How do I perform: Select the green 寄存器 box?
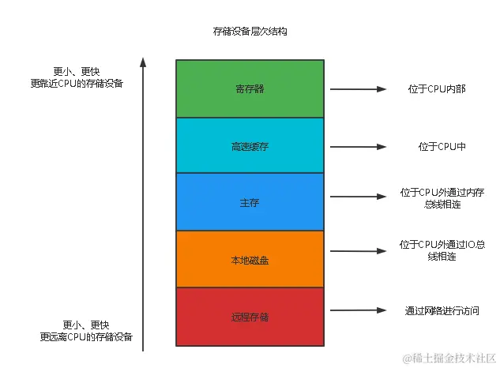(250, 88)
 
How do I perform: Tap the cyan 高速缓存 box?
(250, 146)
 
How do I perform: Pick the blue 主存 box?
(250, 203)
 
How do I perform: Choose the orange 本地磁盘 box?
(250, 259)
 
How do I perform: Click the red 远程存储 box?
(250, 317)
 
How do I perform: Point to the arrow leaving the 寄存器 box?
(357, 89)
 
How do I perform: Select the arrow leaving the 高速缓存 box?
(357, 146)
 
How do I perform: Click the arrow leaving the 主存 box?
(357, 197)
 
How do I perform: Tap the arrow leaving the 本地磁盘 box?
(357, 251)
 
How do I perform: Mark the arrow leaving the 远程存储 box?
(357, 311)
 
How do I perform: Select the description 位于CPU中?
(437, 147)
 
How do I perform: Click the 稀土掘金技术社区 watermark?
(449, 358)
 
